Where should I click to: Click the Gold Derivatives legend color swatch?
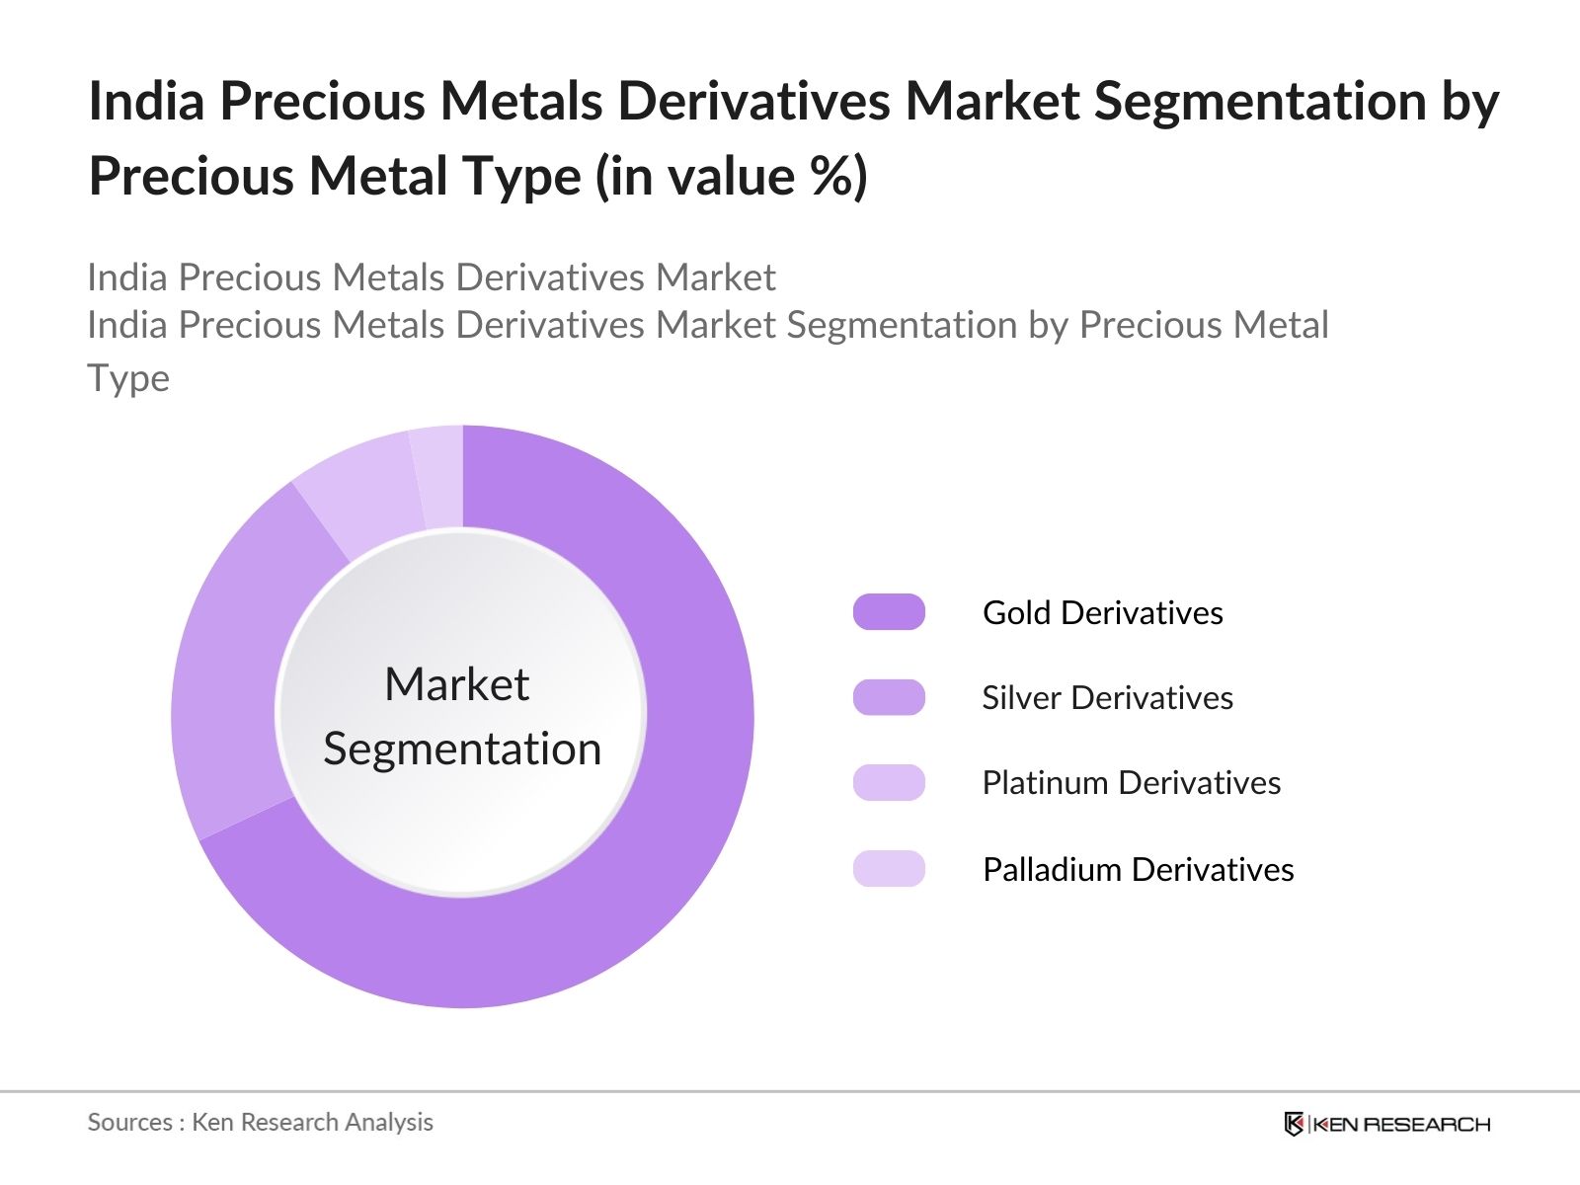pos(889,612)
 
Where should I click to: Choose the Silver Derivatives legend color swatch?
pos(889,697)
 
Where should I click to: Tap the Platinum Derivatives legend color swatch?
pos(889,782)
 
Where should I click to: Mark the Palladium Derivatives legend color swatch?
pos(889,869)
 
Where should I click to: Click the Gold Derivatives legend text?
pos(1102,612)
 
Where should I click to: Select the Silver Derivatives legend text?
pos(1107,697)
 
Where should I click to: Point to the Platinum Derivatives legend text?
pos(1131,782)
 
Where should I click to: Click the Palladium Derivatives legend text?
pos(1138,869)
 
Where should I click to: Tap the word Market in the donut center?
pos(456,684)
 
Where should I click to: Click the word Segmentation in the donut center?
pos(462,749)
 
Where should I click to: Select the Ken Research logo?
pos(1386,1124)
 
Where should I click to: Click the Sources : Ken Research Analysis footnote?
pos(260,1122)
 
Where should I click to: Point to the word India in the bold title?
pos(146,101)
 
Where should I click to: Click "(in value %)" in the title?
pos(731,177)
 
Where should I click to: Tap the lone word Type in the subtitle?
pos(128,378)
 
